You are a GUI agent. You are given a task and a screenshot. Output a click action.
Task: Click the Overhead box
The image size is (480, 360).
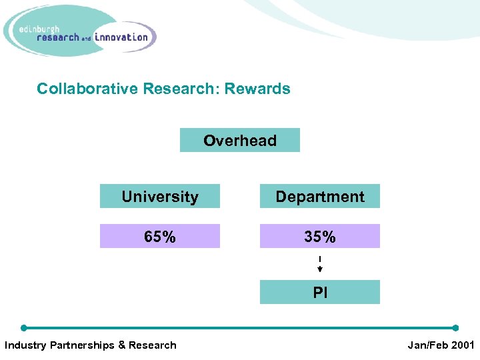pos(240,141)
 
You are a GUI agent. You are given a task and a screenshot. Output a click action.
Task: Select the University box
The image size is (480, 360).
pos(160,197)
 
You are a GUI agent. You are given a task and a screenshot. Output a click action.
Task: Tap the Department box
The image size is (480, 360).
pos(320,197)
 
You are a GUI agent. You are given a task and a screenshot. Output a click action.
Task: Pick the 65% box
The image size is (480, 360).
pos(160,237)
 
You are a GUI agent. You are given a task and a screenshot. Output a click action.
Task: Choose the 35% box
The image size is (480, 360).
pos(320,237)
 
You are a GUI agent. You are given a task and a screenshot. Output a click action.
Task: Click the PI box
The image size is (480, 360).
pos(320,293)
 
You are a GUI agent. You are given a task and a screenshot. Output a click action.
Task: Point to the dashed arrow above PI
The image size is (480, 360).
pos(320,264)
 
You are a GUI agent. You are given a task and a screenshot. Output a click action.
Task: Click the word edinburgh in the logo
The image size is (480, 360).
pos(39,29)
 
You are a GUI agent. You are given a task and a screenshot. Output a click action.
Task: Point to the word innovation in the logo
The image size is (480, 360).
pos(121,37)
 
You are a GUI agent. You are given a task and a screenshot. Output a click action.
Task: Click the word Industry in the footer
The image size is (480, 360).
pos(25,345)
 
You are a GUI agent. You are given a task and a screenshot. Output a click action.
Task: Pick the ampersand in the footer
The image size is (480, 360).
pos(122,345)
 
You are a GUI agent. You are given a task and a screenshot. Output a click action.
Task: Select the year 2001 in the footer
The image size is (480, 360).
pos(463,345)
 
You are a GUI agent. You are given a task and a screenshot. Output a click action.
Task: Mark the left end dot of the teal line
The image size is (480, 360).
pos(24,328)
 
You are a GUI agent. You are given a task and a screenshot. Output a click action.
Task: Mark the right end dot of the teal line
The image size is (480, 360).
pos(455,328)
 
